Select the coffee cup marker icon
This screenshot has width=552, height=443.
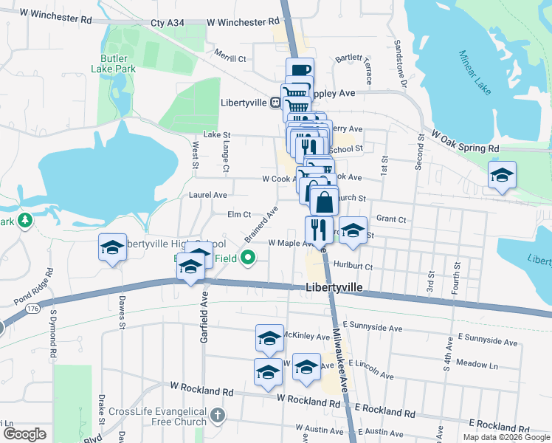(x=300, y=71)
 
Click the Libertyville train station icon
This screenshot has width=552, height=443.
(x=274, y=103)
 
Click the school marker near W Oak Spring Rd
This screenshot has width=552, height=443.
(x=501, y=176)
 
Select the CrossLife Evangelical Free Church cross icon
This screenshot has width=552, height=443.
(x=217, y=415)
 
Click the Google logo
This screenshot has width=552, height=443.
(x=24, y=433)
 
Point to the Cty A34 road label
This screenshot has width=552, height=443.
(x=168, y=24)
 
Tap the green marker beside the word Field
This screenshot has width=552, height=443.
(x=249, y=258)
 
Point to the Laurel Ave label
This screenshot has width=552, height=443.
(x=208, y=195)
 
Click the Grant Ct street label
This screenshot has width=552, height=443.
(x=391, y=219)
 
